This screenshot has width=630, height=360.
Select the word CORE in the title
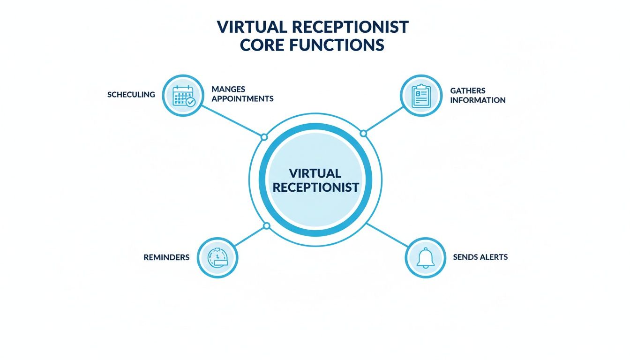[x=257, y=45]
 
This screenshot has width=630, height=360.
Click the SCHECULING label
[x=131, y=95]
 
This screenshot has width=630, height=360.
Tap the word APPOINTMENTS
[x=242, y=99]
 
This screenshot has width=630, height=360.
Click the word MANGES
[x=228, y=89]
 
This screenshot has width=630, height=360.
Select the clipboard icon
[x=420, y=96]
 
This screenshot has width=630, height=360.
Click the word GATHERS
[x=467, y=90]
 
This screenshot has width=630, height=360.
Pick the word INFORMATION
[x=478, y=100]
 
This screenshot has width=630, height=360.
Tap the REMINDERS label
[x=166, y=257]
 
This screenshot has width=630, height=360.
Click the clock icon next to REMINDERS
[x=218, y=257]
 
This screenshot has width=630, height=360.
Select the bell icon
[x=425, y=257]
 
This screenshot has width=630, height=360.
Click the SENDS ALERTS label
[x=480, y=257]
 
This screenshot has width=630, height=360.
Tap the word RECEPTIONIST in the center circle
[x=315, y=187]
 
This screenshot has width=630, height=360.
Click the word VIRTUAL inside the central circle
[x=315, y=173]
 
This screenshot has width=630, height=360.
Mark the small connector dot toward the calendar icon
[x=264, y=137]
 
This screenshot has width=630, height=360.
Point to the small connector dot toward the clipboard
[x=363, y=134]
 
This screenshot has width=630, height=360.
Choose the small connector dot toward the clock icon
[x=267, y=226]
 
